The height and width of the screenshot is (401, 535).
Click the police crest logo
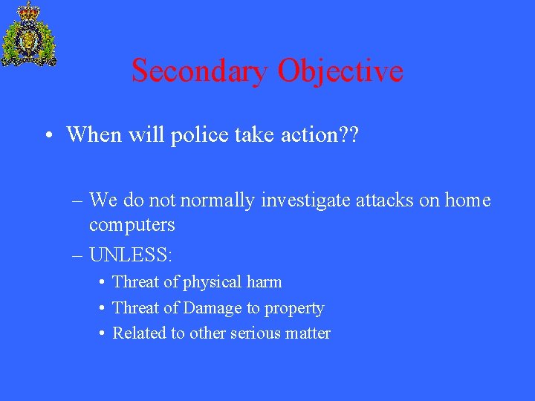coord(29,34)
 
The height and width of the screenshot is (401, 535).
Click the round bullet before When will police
coord(48,136)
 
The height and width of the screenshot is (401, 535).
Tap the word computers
coord(132,224)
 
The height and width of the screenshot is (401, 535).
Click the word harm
coord(265,282)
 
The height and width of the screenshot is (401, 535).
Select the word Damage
coord(213,308)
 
